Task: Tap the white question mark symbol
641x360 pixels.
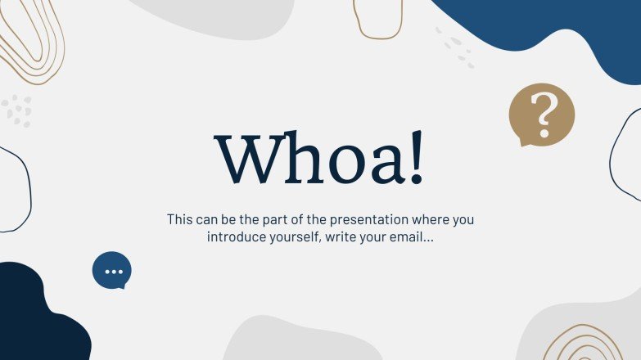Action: pos(542,114)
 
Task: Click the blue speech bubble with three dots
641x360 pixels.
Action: pos(112,270)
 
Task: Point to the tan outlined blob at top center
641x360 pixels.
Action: pos(377,18)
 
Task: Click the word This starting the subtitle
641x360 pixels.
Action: pos(180,220)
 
